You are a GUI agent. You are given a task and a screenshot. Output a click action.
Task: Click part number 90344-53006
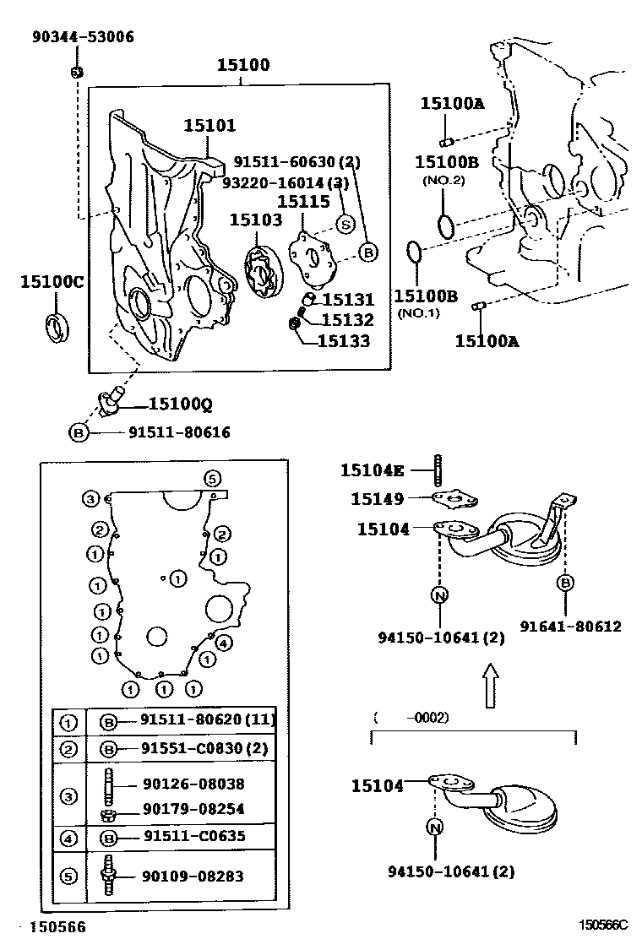pos(83,38)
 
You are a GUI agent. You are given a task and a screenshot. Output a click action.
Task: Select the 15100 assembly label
pos(242,65)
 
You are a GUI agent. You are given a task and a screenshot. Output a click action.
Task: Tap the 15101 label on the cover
pos(210,126)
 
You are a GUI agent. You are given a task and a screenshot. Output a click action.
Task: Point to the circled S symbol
pos(345,224)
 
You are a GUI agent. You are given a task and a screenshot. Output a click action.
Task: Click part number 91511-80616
pos(179,432)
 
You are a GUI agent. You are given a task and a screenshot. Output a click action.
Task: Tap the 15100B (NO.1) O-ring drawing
pos(414,252)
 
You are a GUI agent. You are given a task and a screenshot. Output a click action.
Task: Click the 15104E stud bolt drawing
pos(439,469)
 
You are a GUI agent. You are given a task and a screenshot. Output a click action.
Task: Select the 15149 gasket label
pos(377,499)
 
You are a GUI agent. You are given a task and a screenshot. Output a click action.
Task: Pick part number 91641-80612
pos(569,626)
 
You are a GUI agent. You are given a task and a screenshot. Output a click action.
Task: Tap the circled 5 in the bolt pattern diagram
pos(212,478)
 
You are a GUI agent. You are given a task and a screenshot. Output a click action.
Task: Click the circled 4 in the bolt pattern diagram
pos(223,644)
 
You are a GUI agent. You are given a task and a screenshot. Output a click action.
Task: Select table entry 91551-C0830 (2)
pos(203,748)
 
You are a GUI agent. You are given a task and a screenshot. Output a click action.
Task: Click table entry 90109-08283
pos(192,876)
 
